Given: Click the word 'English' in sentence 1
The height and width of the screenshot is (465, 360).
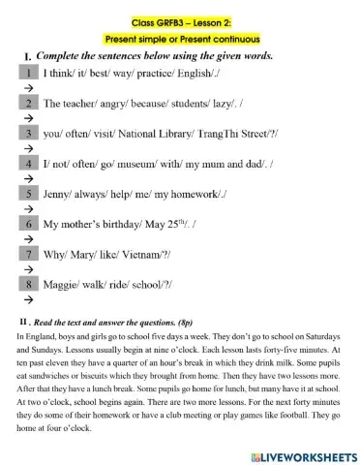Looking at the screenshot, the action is click(191, 72).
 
